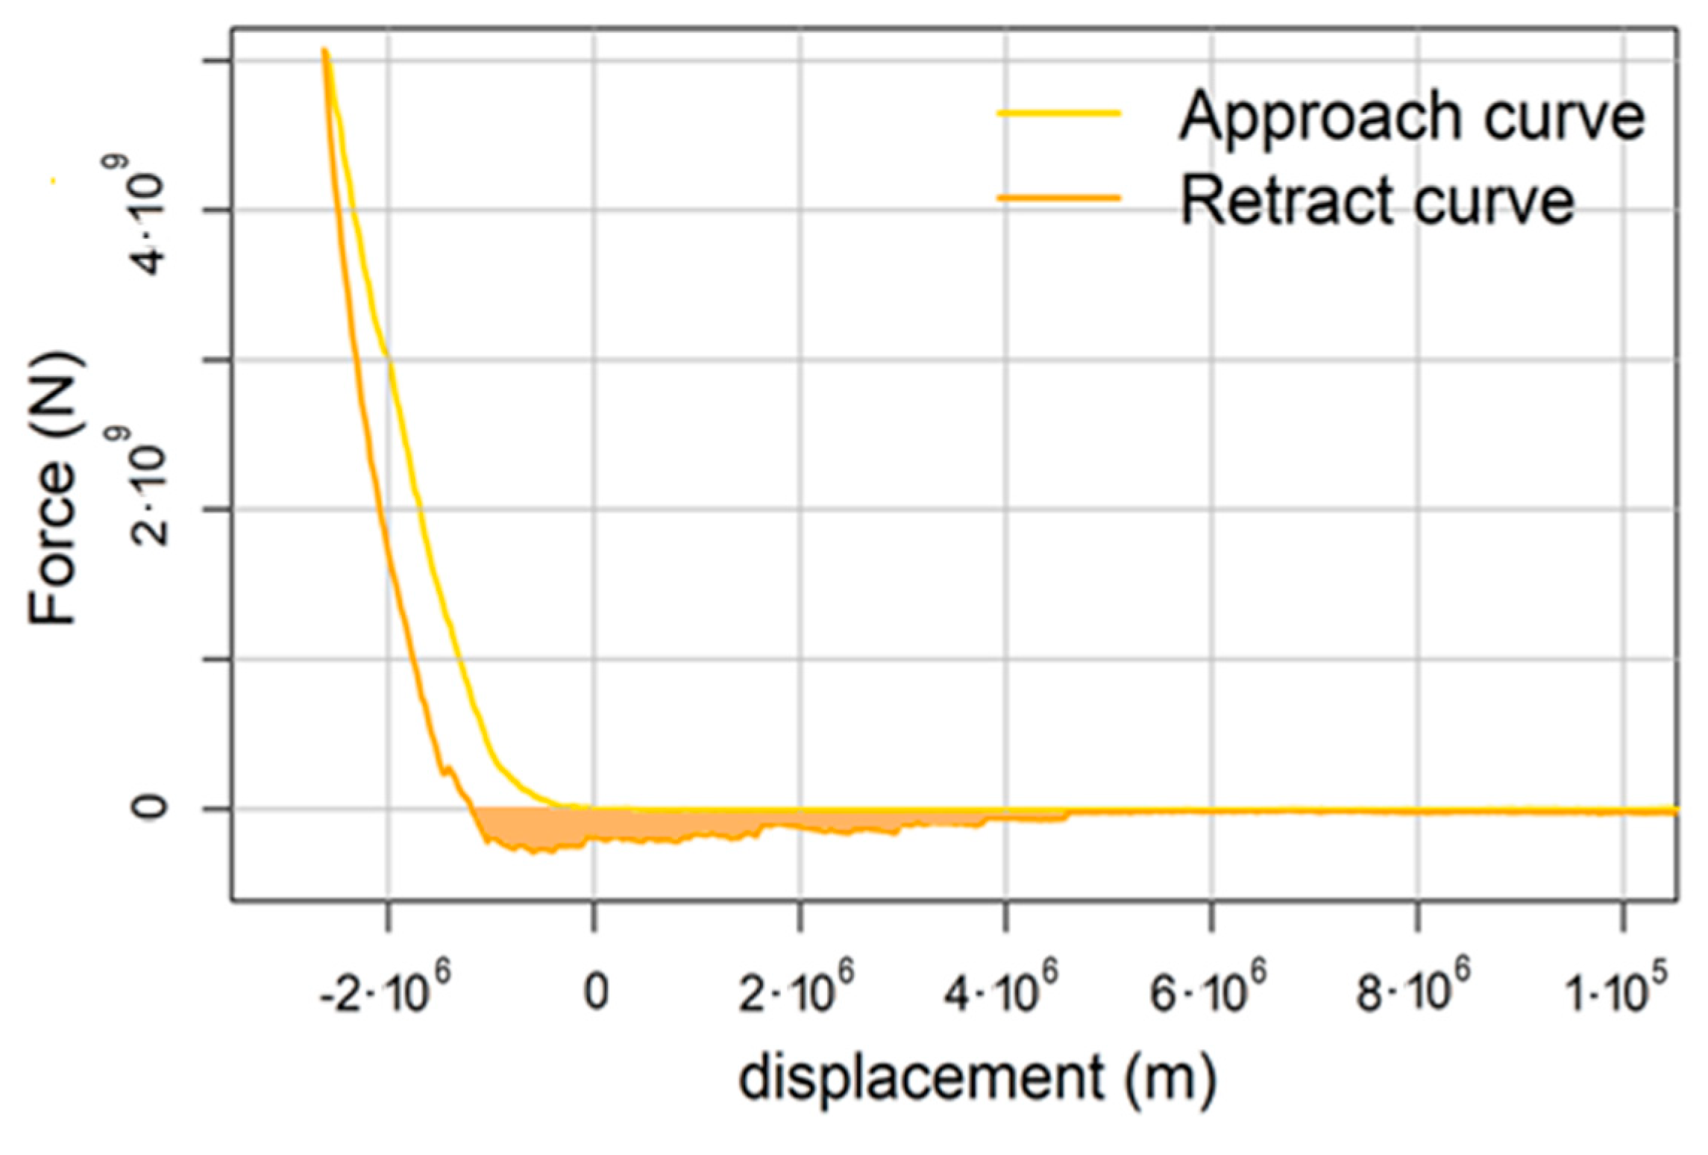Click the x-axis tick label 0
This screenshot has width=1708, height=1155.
coord(595,993)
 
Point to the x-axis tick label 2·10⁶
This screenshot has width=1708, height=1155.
coord(796,992)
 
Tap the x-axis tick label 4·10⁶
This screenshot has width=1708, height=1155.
coord(1001,992)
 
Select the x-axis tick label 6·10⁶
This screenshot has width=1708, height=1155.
coord(1208,992)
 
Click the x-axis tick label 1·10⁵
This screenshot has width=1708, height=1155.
coord(1616,992)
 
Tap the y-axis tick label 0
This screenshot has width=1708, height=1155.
coord(148,807)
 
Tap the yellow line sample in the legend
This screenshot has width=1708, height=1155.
coord(1059,113)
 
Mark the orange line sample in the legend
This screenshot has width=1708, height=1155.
coord(1059,198)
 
